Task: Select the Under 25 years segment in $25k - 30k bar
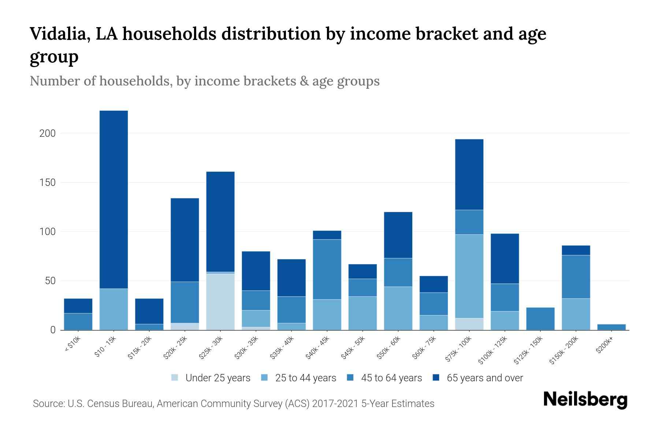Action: pyautogui.click(x=220, y=302)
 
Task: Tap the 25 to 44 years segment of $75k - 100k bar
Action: pyautogui.click(x=469, y=276)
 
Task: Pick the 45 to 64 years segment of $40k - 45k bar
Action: pyautogui.click(x=327, y=269)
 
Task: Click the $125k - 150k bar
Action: pyautogui.click(x=540, y=319)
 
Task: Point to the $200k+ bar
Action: pyautogui.click(x=611, y=327)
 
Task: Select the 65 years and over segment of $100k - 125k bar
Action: pyautogui.click(x=505, y=258)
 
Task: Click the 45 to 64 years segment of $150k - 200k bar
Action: pyautogui.click(x=576, y=277)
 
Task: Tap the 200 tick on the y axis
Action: pyautogui.click(x=47, y=133)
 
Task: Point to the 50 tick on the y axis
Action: pyautogui.click(x=50, y=281)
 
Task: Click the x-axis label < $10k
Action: pyautogui.click(x=73, y=344)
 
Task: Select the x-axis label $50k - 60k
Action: pyautogui.click(x=389, y=348)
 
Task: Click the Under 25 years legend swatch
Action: pyautogui.click(x=175, y=378)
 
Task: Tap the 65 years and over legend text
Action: pyautogui.click(x=485, y=378)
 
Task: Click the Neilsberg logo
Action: pyautogui.click(x=585, y=400)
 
